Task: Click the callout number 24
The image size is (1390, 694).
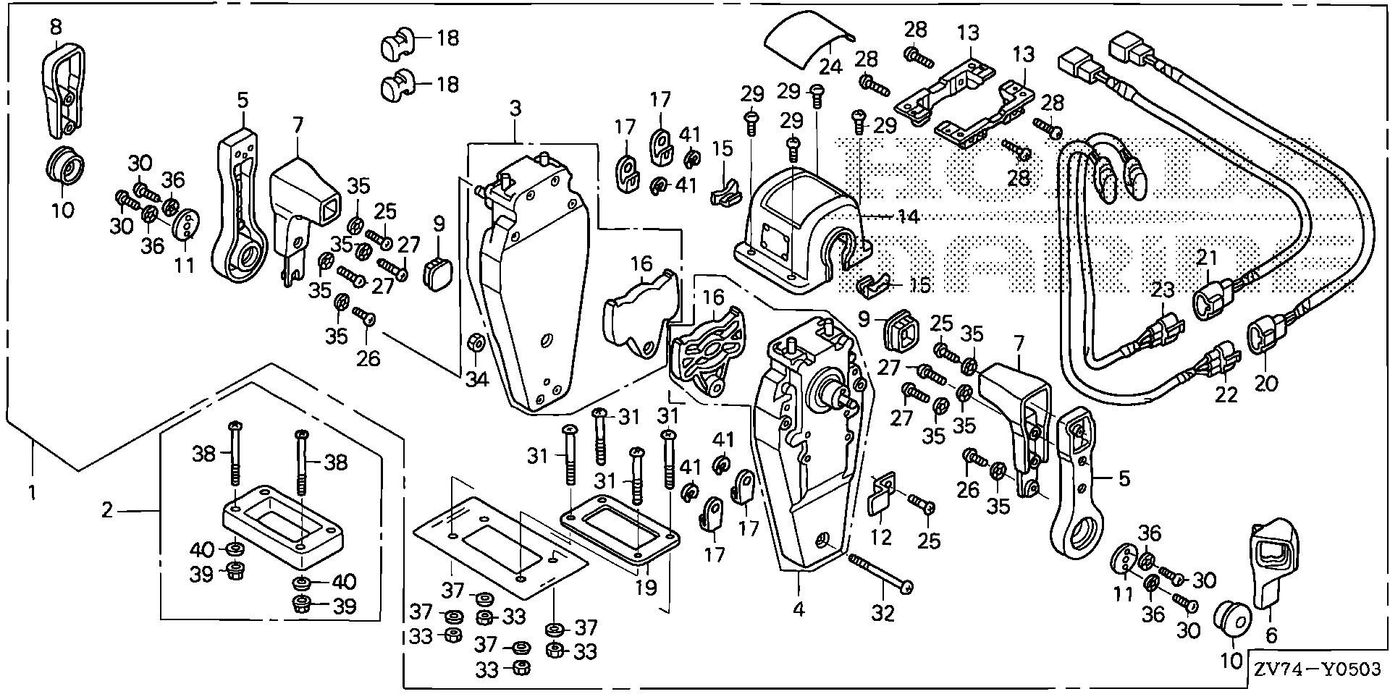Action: (x=831, y=66)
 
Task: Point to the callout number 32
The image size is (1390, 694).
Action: (x=883, y=614)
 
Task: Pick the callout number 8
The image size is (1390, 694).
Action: (x=56, y=27)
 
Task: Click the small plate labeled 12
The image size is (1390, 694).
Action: (x=880, y=494)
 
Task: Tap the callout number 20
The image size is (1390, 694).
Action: (x=1267, y=383)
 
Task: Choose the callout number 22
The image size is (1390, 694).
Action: (x=1227, y=394)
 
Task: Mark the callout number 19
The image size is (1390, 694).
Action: (x=646, y=587)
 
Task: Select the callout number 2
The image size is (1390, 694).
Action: (x=107, y=511)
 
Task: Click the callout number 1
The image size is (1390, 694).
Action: (x=32, y=494)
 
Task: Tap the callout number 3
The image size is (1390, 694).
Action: (x=515, y=109)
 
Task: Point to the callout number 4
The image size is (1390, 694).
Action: (x=799, y=609)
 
